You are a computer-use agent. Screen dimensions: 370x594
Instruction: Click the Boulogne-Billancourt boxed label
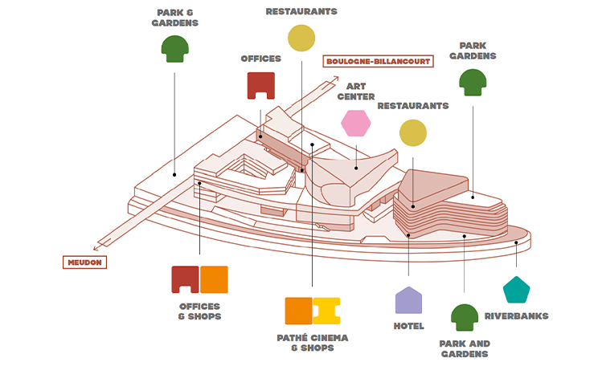click(377, 61)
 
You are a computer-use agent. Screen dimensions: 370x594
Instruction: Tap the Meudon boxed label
click(84, 262)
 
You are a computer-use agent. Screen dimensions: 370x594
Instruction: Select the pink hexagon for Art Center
click(355, 123)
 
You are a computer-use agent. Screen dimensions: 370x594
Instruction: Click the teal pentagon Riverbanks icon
click(516, 289)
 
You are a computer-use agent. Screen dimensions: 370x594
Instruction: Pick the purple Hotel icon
click(408, 300)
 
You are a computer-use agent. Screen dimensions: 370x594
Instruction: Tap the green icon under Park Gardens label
click(473, 82)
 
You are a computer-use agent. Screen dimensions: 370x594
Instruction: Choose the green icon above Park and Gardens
click(464, 318)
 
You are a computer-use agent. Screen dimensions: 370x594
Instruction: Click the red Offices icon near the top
click(261, 85)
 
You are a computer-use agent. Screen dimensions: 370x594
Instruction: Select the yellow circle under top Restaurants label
click(301, 38)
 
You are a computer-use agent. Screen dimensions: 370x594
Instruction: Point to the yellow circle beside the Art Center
click(412, 132)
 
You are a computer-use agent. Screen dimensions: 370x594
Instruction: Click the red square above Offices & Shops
click(185, 279)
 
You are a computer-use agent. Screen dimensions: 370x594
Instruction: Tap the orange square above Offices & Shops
click(215, 279)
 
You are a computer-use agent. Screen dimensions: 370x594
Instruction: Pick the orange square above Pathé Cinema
click(298, 311)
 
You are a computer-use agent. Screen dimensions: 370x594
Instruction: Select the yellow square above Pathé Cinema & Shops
click(327, 311)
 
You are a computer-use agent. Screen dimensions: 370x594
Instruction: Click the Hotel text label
click(408, 326)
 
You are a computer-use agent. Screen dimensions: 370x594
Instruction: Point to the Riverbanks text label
click(516, 316)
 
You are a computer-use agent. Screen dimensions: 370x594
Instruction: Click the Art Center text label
click(355, 91)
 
